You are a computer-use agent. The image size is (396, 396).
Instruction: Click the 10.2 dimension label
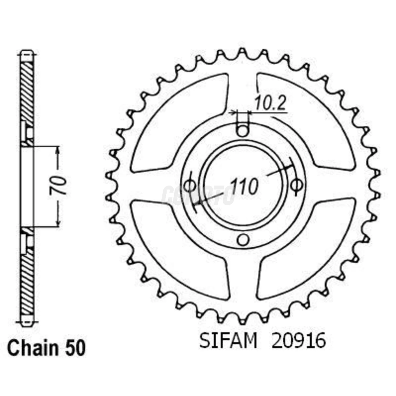click(x=270, y=104)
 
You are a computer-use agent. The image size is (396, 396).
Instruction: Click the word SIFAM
click(x=228, y=341)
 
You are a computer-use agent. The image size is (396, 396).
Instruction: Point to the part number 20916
click(x=298, y=341)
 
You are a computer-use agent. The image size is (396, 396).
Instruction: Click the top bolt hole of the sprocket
click(x=242, y=131)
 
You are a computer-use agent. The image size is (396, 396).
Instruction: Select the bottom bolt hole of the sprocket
click(x=242, y=240)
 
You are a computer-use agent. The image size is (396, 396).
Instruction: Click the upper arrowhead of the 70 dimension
click(x=58, y=150)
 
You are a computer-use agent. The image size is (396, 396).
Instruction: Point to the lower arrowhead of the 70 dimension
click(x=58, y=223)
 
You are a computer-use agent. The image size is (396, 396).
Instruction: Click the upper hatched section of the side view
click(x=27, y=91)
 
